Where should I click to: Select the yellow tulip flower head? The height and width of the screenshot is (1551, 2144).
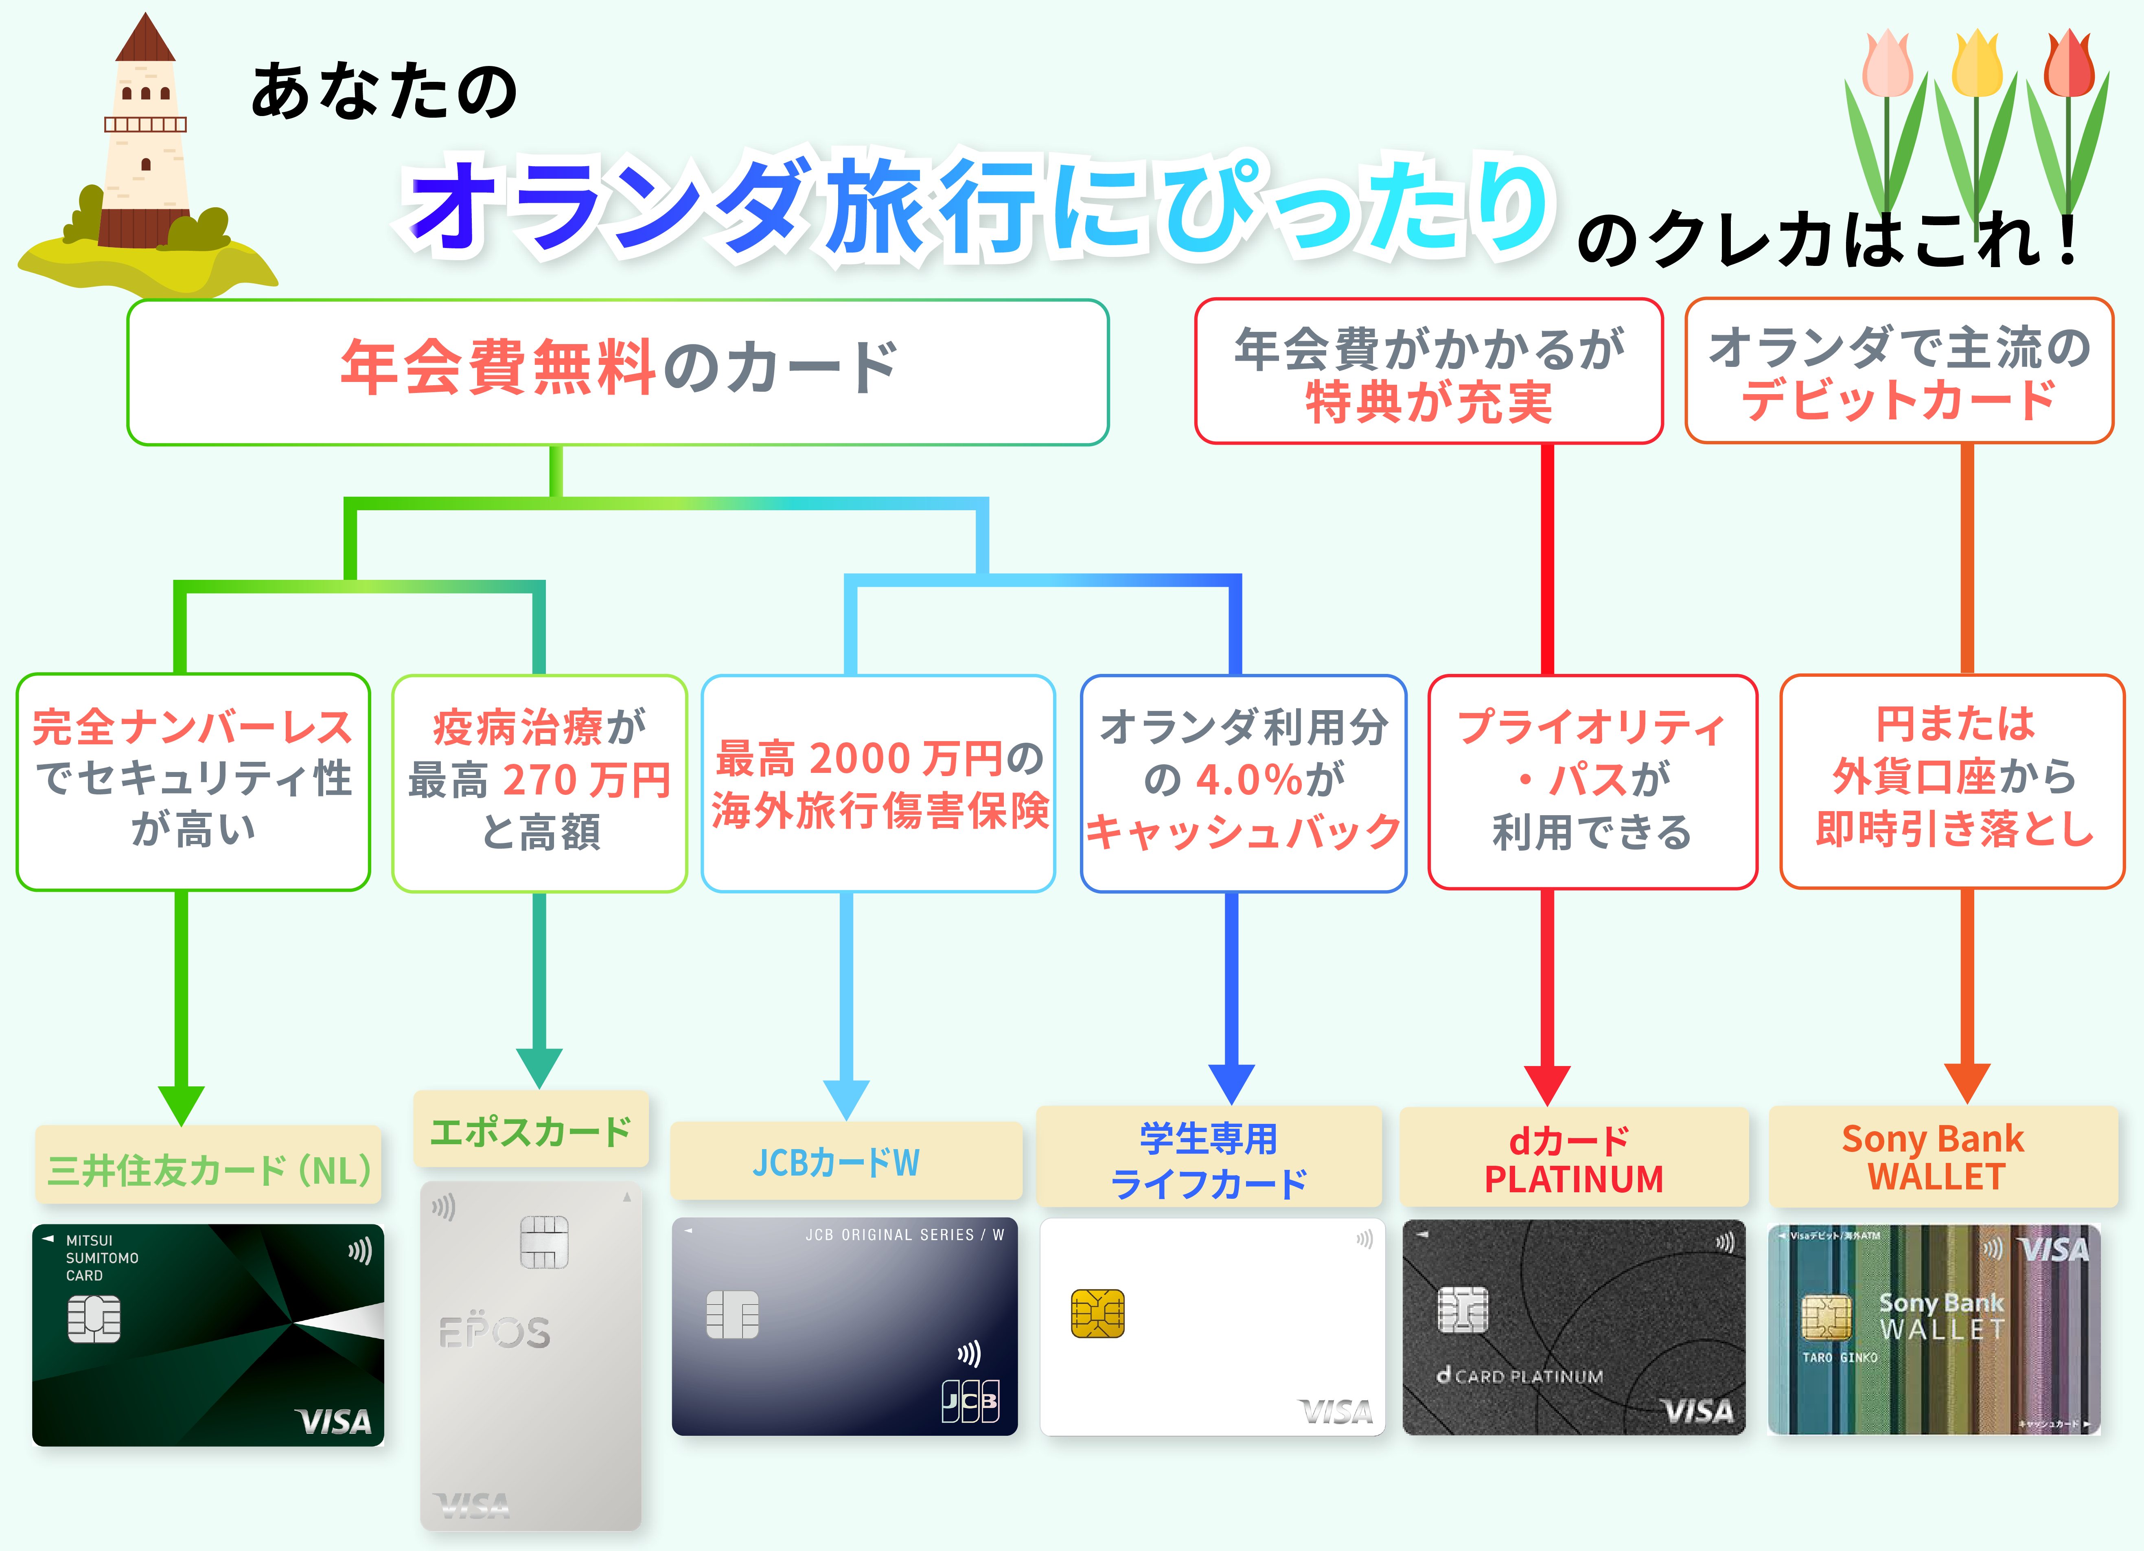pos(1978,64)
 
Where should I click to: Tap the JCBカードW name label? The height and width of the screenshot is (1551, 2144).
pos(837,1162)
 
